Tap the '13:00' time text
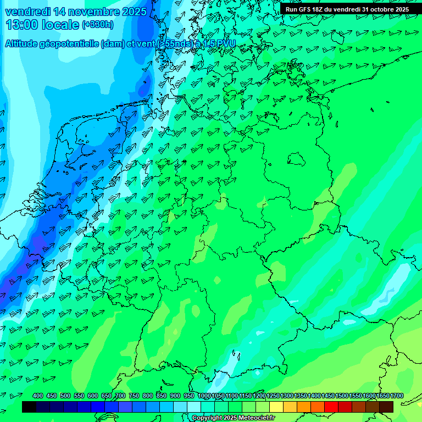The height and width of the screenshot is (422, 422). (x=22, y=25)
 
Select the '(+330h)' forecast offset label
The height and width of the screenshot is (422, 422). (x=98, y=25)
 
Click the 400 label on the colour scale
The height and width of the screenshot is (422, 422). (x=38, y=396)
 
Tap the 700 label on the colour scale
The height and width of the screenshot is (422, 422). (x=120, y=396)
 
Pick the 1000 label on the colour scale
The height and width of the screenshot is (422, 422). (x=204, y=396)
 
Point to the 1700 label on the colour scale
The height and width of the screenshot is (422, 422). (x=397, y=396)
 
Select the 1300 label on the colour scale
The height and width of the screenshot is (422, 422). (x=287, y=396)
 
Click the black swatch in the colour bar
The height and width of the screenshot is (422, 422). (x=29, y=407)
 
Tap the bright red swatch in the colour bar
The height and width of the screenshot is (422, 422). (x=331, y=407)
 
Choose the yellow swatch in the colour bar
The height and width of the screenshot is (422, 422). (x=276, y=407)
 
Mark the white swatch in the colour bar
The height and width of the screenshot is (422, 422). (x=194, y=407)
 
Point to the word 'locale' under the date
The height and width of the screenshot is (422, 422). (x=59, y=25)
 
